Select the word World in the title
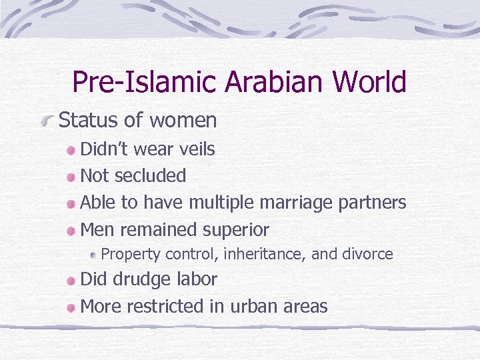[x=370, y=82]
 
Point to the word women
[x=183, y=121]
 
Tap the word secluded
[x=150, y=176]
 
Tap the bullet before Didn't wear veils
[x=72, y=150]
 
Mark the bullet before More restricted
[x=72, y=307]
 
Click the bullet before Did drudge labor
[x=72, y=280]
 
